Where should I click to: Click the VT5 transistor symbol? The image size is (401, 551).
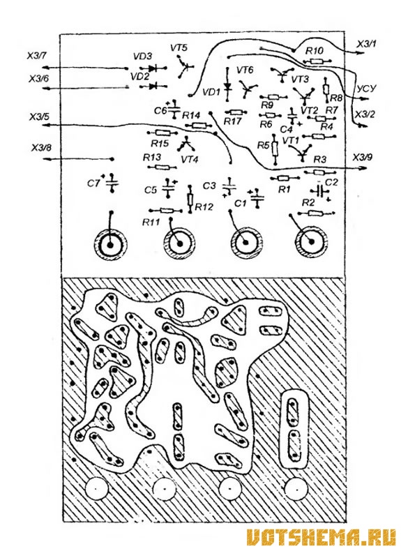tap(185, 68)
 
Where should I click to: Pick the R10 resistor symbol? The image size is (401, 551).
tap(317, 61)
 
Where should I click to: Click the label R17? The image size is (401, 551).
tap(232, 121)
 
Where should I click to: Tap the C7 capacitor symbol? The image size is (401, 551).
tap(112, 183)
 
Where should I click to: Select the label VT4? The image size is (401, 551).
tap(190, 159)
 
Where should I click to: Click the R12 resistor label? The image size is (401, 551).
tap(204, 206)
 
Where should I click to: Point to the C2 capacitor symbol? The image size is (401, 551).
tap(320, 191)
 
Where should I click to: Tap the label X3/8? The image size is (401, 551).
tap(41, 148)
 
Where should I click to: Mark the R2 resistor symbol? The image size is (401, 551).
tap(316, 213)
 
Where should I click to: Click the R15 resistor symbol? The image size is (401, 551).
tap(162, 133)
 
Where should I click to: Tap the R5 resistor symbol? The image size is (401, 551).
tap(275, 149)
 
